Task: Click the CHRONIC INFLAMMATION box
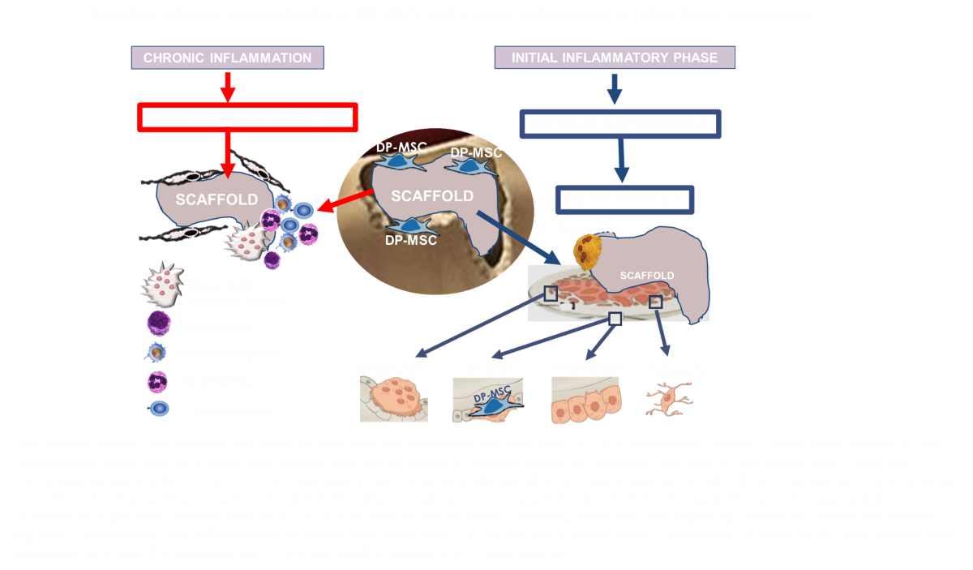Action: [228, 58]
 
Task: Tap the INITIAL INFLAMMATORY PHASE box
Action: [615, 58]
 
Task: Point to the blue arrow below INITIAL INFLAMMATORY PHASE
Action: [615, 88]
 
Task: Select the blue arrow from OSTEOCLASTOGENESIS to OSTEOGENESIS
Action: [621, 161]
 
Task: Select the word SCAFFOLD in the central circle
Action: [432, 196]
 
